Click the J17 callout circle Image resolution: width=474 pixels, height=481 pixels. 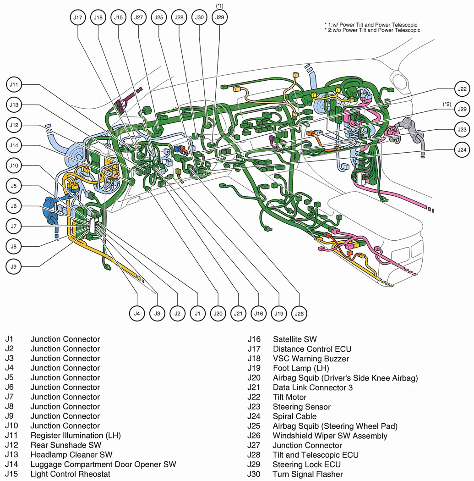click(78, 17)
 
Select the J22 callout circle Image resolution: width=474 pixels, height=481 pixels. click(462, 89)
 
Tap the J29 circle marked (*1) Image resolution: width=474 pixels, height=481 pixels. click(219, 17)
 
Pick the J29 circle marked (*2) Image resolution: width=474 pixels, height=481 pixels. click(462, 109)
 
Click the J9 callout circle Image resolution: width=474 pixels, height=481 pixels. click(14, 266)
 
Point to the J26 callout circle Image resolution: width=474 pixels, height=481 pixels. click(299, 313)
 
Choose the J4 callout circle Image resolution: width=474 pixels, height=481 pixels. click(137, 313)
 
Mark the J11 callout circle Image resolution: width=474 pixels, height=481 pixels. click(14, 85)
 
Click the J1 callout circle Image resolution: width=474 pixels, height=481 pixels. click(197, 313)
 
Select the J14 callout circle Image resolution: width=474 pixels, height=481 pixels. click(14, 145)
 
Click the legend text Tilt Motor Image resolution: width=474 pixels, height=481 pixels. click(289, 397)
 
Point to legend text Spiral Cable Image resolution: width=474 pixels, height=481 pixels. click(294, 416)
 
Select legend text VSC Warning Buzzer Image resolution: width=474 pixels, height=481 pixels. click(311, 359)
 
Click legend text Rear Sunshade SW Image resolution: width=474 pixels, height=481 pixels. click(65, 445)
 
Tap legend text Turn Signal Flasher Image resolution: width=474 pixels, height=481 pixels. click(308, 474)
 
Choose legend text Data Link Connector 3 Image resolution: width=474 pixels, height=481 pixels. click(312, 387)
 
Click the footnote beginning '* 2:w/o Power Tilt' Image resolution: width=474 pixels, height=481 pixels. click(372, 30)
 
